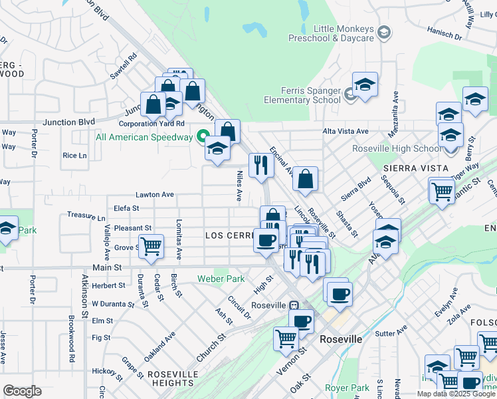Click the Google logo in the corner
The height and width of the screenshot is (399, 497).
click(23, 391)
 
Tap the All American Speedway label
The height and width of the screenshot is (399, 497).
click(144, 138)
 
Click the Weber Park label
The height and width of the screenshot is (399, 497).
click(221, 279)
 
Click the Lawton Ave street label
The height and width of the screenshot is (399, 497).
click(154, 195)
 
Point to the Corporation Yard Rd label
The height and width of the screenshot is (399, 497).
click(151, 124)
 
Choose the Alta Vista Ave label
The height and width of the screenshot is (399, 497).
click(346, 132)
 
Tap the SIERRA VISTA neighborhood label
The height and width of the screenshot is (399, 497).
click(420, 168)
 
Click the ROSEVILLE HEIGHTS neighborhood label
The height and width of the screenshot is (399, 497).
click(171, 378)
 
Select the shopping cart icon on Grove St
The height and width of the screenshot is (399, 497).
click(151, 246)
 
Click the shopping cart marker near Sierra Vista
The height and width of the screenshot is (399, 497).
click(442, 191)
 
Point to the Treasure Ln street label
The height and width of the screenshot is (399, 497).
click(86, 217)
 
